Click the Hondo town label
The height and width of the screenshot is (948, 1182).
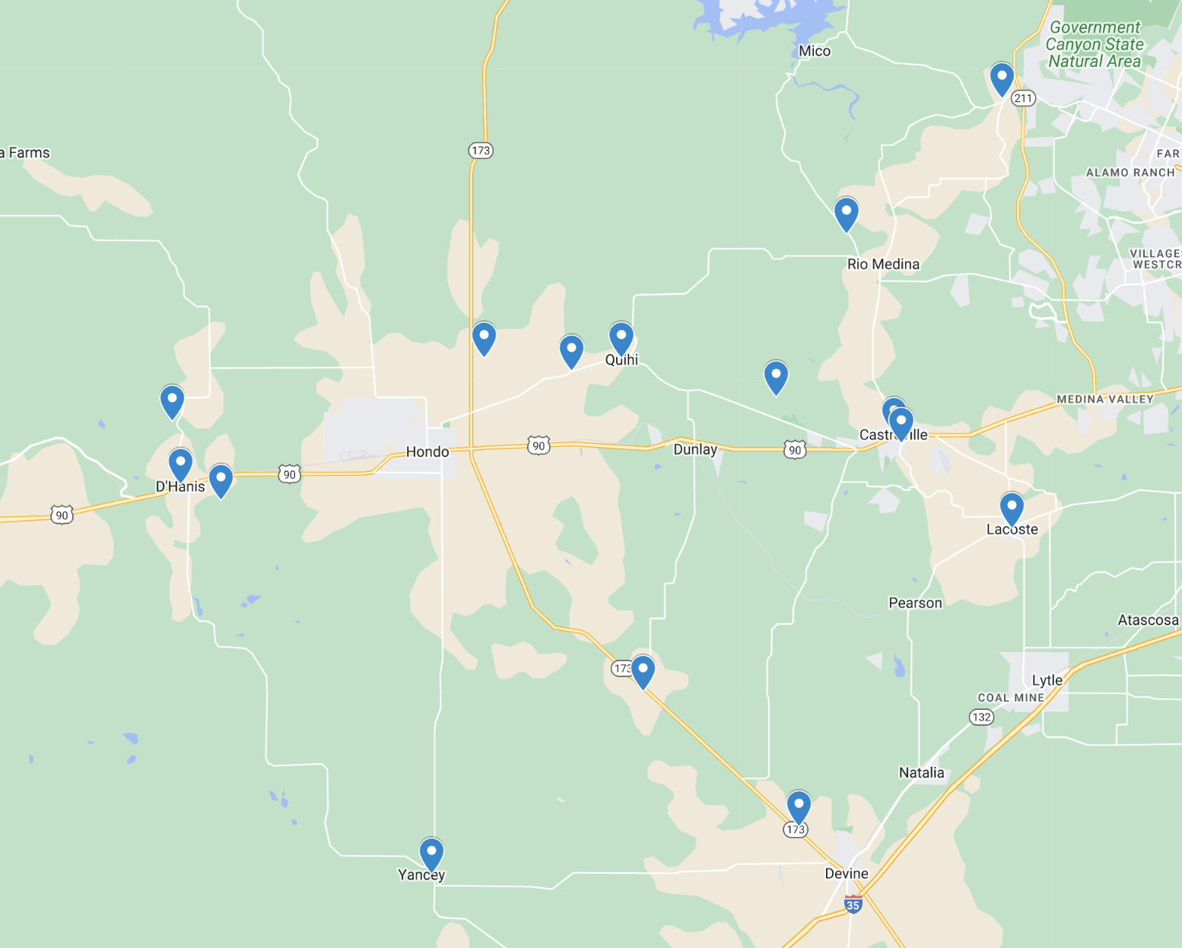point(427,452)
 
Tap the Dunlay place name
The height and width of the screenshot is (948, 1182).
point(695,450)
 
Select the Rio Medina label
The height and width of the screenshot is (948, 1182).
point(883,264)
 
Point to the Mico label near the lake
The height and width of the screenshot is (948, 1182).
point(815,51)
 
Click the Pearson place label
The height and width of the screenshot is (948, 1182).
point(915,603)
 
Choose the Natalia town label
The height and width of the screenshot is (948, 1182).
point(921,773)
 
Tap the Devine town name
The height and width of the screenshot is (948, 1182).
point(847,873)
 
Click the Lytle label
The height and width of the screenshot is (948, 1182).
point(1047,680)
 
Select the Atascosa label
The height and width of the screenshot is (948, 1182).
point(1148,620)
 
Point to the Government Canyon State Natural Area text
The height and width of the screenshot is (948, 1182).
point(1095,44)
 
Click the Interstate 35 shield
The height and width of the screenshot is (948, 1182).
point(853,905)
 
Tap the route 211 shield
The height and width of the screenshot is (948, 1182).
point(1024,98)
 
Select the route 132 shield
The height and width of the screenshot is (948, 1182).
point(981,717)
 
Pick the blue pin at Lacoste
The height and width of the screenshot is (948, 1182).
point(1012,508)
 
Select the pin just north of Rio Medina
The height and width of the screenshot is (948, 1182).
point(847,213)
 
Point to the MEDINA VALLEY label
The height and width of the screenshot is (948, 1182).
point(1105,399)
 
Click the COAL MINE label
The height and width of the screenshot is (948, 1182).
point(1011,698)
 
